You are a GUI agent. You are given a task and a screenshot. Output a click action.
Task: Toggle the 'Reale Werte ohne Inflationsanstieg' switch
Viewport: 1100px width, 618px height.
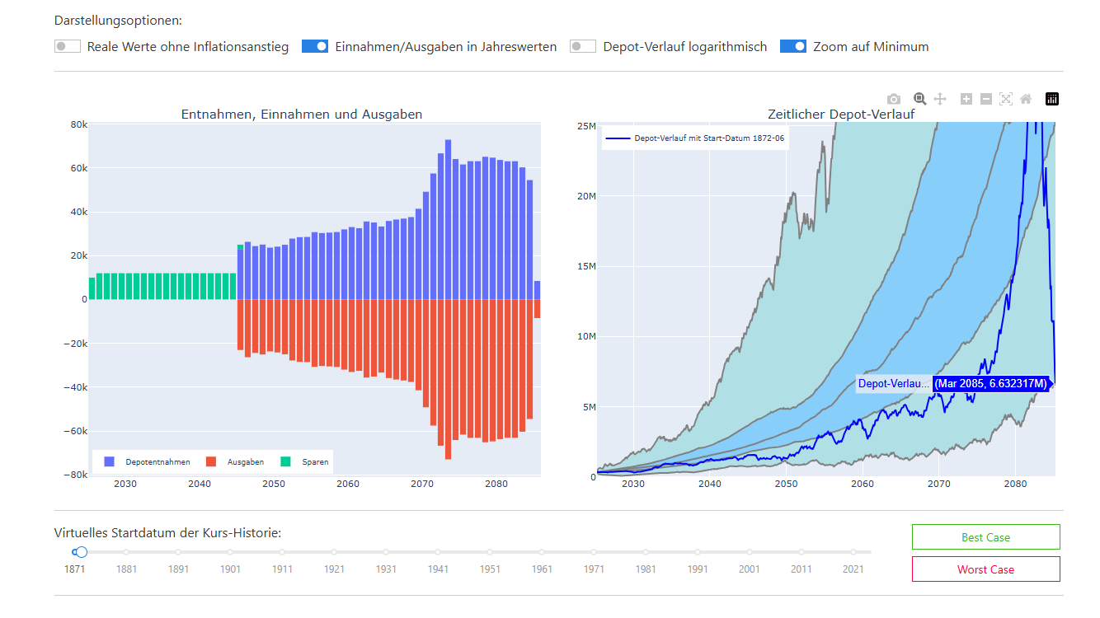[x=68, y=47]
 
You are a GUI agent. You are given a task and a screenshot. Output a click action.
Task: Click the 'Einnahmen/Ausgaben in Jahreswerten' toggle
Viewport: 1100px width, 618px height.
[x=315, y=47]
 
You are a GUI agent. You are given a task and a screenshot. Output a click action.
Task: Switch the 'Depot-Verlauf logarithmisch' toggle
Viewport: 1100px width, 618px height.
[x=583, y=47]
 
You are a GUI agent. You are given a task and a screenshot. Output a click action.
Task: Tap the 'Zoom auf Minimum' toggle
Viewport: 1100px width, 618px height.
[x=793, y=47]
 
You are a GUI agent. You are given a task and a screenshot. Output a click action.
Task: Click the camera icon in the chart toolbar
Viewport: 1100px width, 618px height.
[x=894, y=99]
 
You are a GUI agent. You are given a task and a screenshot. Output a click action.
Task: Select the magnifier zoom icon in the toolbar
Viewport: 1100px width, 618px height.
[x=920, y=99]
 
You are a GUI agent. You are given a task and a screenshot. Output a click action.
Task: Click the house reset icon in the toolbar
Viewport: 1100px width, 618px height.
[x=1026, y=99]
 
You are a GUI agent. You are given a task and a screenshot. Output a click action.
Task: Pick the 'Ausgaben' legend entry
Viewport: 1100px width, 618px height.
[x=245, y=462]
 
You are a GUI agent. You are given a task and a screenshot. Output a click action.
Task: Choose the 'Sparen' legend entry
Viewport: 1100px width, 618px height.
[x=314, y=462]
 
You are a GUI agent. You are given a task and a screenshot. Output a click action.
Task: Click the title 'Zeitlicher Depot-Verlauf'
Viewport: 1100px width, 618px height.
[x=840, y=115]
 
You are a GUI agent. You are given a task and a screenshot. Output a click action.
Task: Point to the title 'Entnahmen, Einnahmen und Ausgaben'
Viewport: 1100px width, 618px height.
[x=302, y=115]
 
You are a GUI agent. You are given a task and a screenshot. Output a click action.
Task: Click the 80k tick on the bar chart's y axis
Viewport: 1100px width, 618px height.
[x=79, y=125]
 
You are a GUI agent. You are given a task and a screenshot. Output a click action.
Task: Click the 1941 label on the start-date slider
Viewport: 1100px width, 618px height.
[x=438, y=569]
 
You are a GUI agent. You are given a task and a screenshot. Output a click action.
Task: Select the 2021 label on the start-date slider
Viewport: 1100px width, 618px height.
[x=853, y=569]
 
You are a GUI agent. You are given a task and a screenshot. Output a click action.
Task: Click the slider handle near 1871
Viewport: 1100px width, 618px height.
[x=81, y=552]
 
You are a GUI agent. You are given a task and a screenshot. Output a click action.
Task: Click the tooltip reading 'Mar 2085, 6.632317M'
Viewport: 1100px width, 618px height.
[x=990, y=384]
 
